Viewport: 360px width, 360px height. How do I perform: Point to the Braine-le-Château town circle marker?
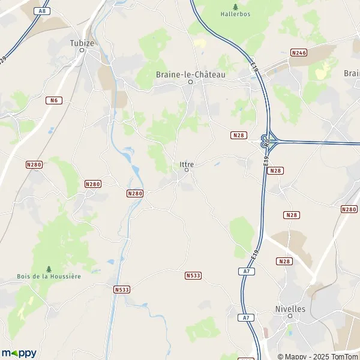[x=191, y=82]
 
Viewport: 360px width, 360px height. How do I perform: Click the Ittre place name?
[x=187, y=163]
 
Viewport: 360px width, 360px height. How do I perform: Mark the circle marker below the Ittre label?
[x=187, y=170]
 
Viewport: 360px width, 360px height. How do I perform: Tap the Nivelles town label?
[x=290, y=308]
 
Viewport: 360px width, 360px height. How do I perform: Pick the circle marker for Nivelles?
[x=290, y=316]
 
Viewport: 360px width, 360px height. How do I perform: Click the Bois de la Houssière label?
[x=49, y=276]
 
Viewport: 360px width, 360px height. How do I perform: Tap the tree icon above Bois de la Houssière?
[x=49, y=268]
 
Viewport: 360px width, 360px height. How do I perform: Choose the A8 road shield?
[x=41, y=11]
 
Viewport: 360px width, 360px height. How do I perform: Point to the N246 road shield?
[x=298, y=53]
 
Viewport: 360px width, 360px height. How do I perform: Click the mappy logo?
[x=19, y=353]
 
